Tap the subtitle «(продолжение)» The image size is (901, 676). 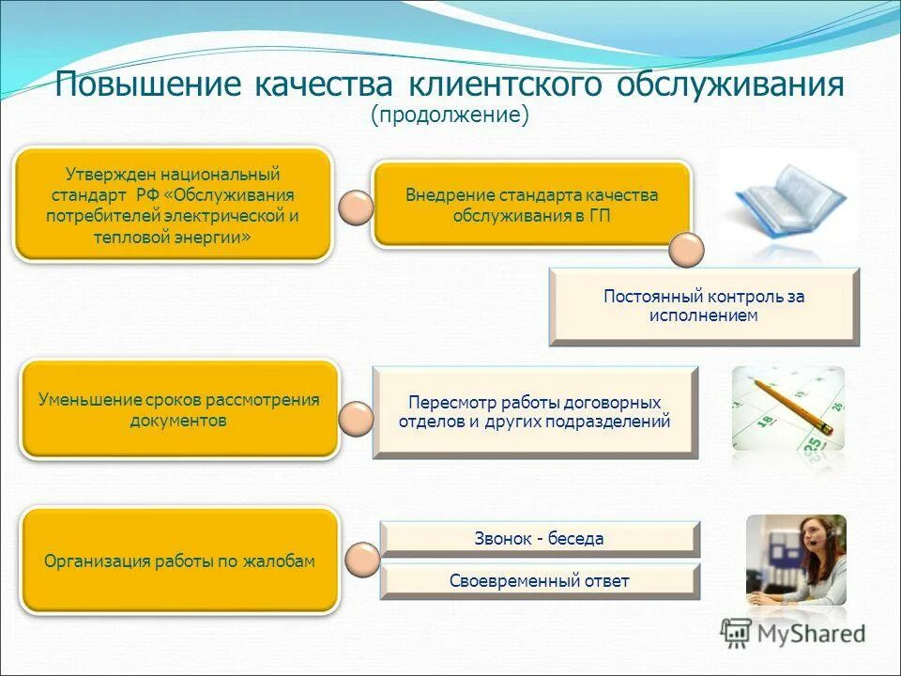coord(450,115)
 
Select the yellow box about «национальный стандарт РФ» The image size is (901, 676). coord(173,204)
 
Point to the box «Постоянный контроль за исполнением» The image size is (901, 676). coord(704,306)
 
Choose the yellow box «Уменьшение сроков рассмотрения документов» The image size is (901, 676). coord(178,409)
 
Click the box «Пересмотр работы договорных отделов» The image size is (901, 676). coord(535,412)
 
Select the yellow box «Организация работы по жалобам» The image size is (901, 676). coord(179,561)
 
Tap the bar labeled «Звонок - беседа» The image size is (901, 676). coord(540,539)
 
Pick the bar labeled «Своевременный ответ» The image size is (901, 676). coord(540,581)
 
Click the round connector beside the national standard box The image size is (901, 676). coord(355,207)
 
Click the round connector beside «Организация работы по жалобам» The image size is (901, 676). coord(362,561)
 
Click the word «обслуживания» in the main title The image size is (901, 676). coord(730,84)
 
